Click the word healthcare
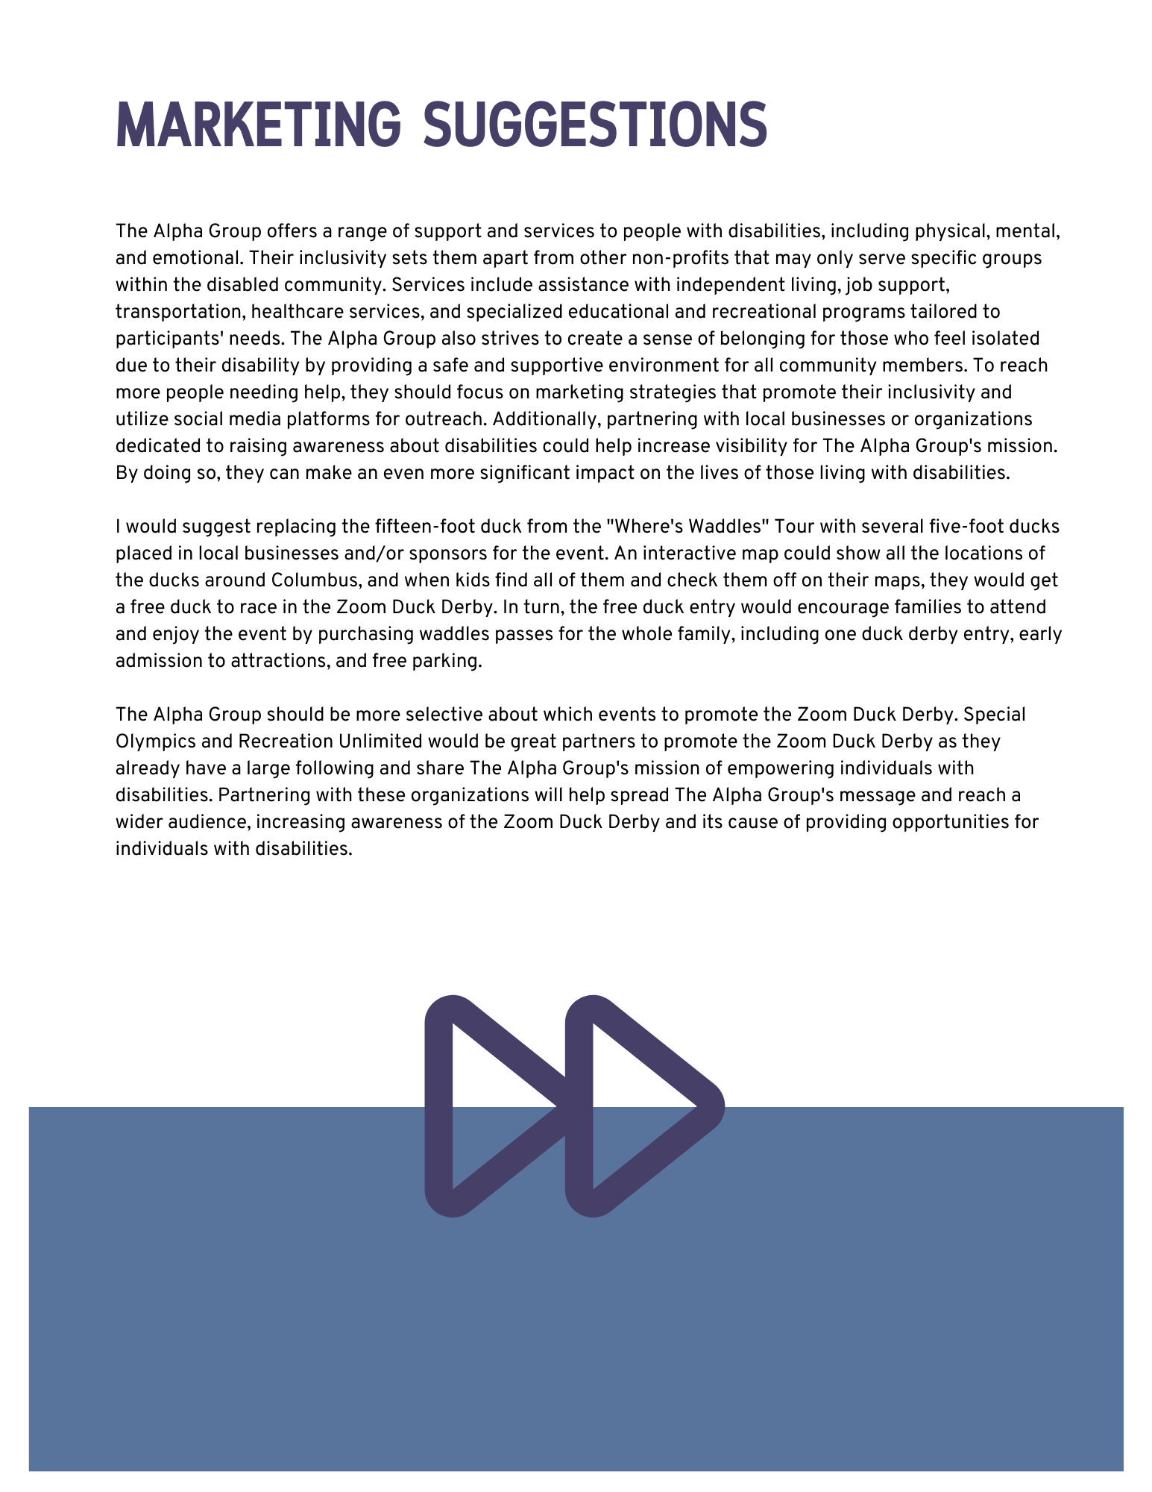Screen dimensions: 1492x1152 click(x=295, y=312)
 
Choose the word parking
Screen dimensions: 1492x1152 click(x=448, y=661)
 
